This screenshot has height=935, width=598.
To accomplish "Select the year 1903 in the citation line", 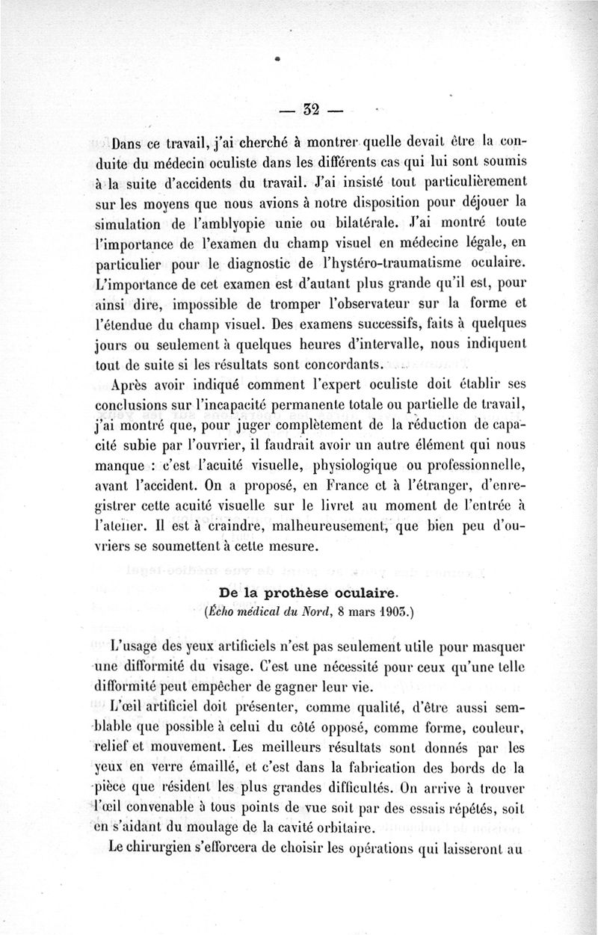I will pyautogui.click(x=391, y=611).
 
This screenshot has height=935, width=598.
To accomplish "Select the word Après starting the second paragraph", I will pyautogui.click(x=132, y=386).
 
